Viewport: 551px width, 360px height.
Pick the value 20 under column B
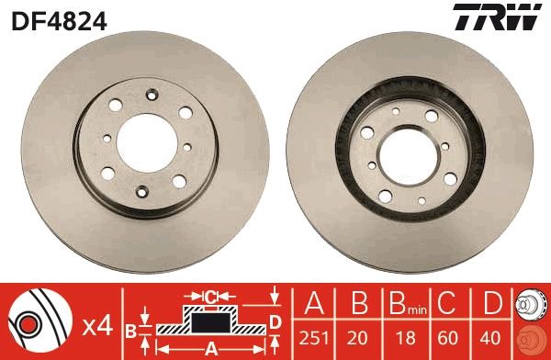tap(359, 338)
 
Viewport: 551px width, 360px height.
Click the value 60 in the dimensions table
tap(449, 338)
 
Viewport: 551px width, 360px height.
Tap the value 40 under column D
tap(493, 338)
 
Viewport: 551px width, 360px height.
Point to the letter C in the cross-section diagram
tap(210, 297)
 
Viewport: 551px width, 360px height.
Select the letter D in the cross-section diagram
tap(275, 319)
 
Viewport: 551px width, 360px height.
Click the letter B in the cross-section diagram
tap(130, 328)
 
